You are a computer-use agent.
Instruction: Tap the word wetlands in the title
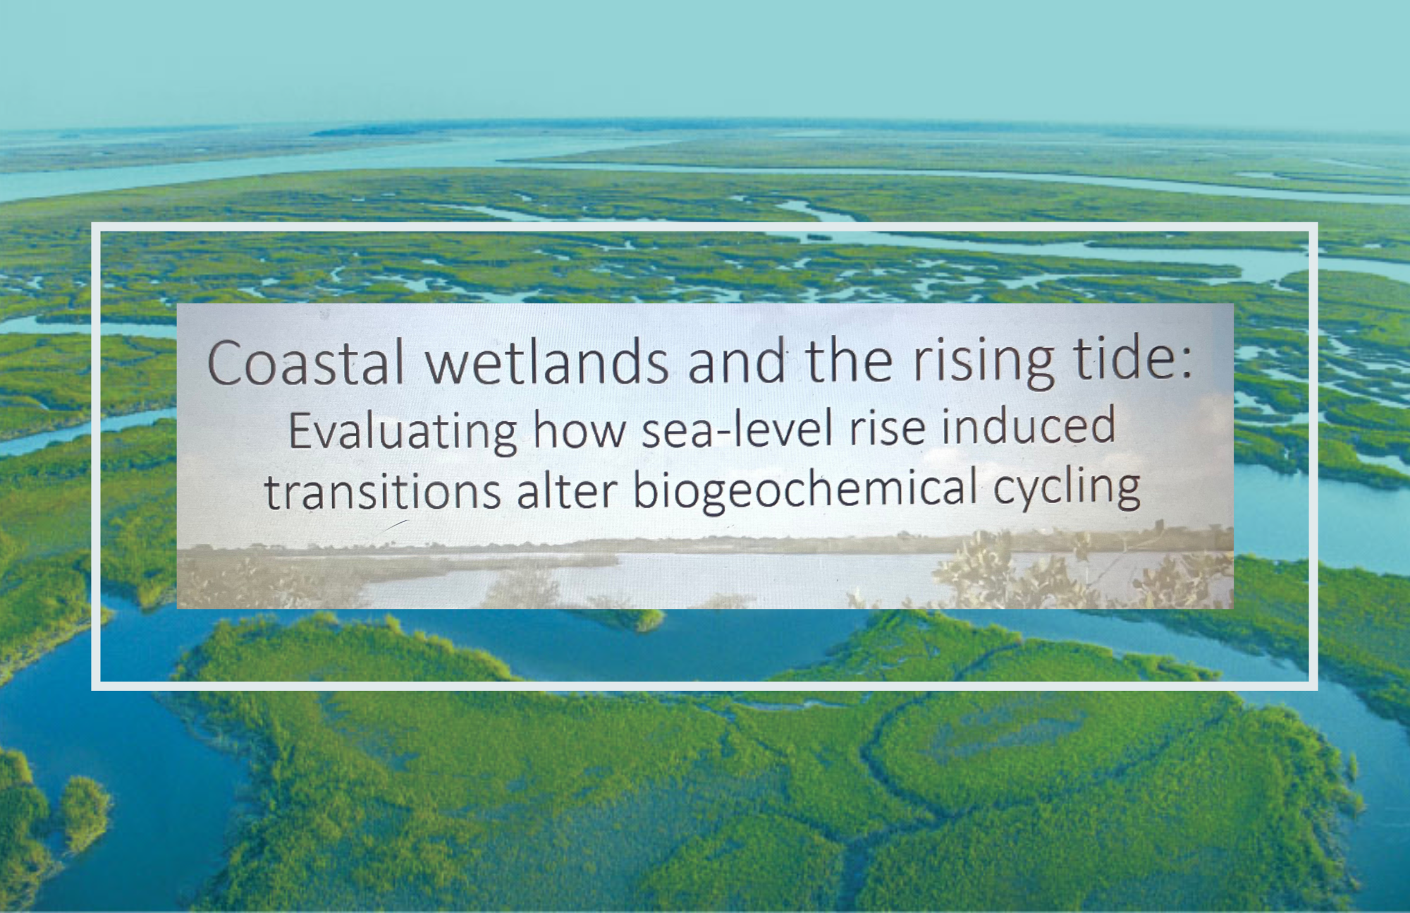pos(547,361)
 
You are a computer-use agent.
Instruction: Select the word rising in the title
pos(984,363)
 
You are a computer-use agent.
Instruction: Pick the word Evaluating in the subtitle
pos(403,431)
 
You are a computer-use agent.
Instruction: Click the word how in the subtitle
pos(579,430)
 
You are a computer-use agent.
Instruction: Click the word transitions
pos(382,491)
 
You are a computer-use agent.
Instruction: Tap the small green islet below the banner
pos(620,619)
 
